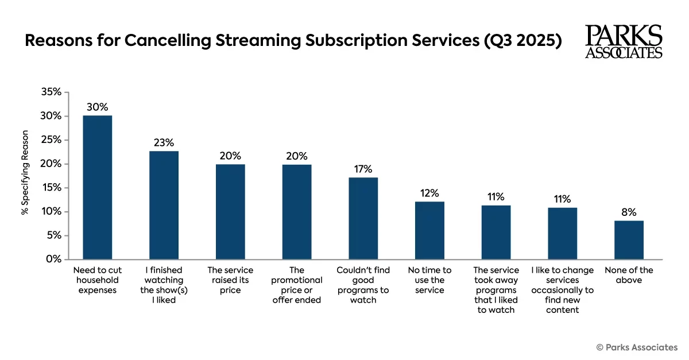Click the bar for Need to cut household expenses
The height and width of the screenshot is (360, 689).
(x=98, y=187)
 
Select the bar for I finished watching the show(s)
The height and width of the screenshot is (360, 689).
(x=164, y=205)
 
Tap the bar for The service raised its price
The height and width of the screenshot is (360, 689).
(x=230, y=211)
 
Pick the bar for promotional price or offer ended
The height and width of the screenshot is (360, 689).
(x=297, y=211)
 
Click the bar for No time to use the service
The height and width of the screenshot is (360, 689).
(x=429, y=230)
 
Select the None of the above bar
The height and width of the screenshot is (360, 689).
(x=629, y=239)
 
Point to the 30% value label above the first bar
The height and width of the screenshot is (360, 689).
(x=98, y=107)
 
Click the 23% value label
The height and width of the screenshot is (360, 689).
(x=164, y=142)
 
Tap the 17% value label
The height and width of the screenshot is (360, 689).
(x=363, y=169)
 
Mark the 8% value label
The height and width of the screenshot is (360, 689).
(x=629, y=212)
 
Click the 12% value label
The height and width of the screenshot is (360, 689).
(x=429, y=193)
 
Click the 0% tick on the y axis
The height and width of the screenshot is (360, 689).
(x=53, y=259)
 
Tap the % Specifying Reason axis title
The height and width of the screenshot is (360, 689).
(x=25, y=176)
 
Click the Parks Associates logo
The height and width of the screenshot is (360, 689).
(x=624, y=41)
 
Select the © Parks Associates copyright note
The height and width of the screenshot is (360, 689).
(x=637, y=347)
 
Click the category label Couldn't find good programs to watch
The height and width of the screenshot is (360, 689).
(x=363, y=285)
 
